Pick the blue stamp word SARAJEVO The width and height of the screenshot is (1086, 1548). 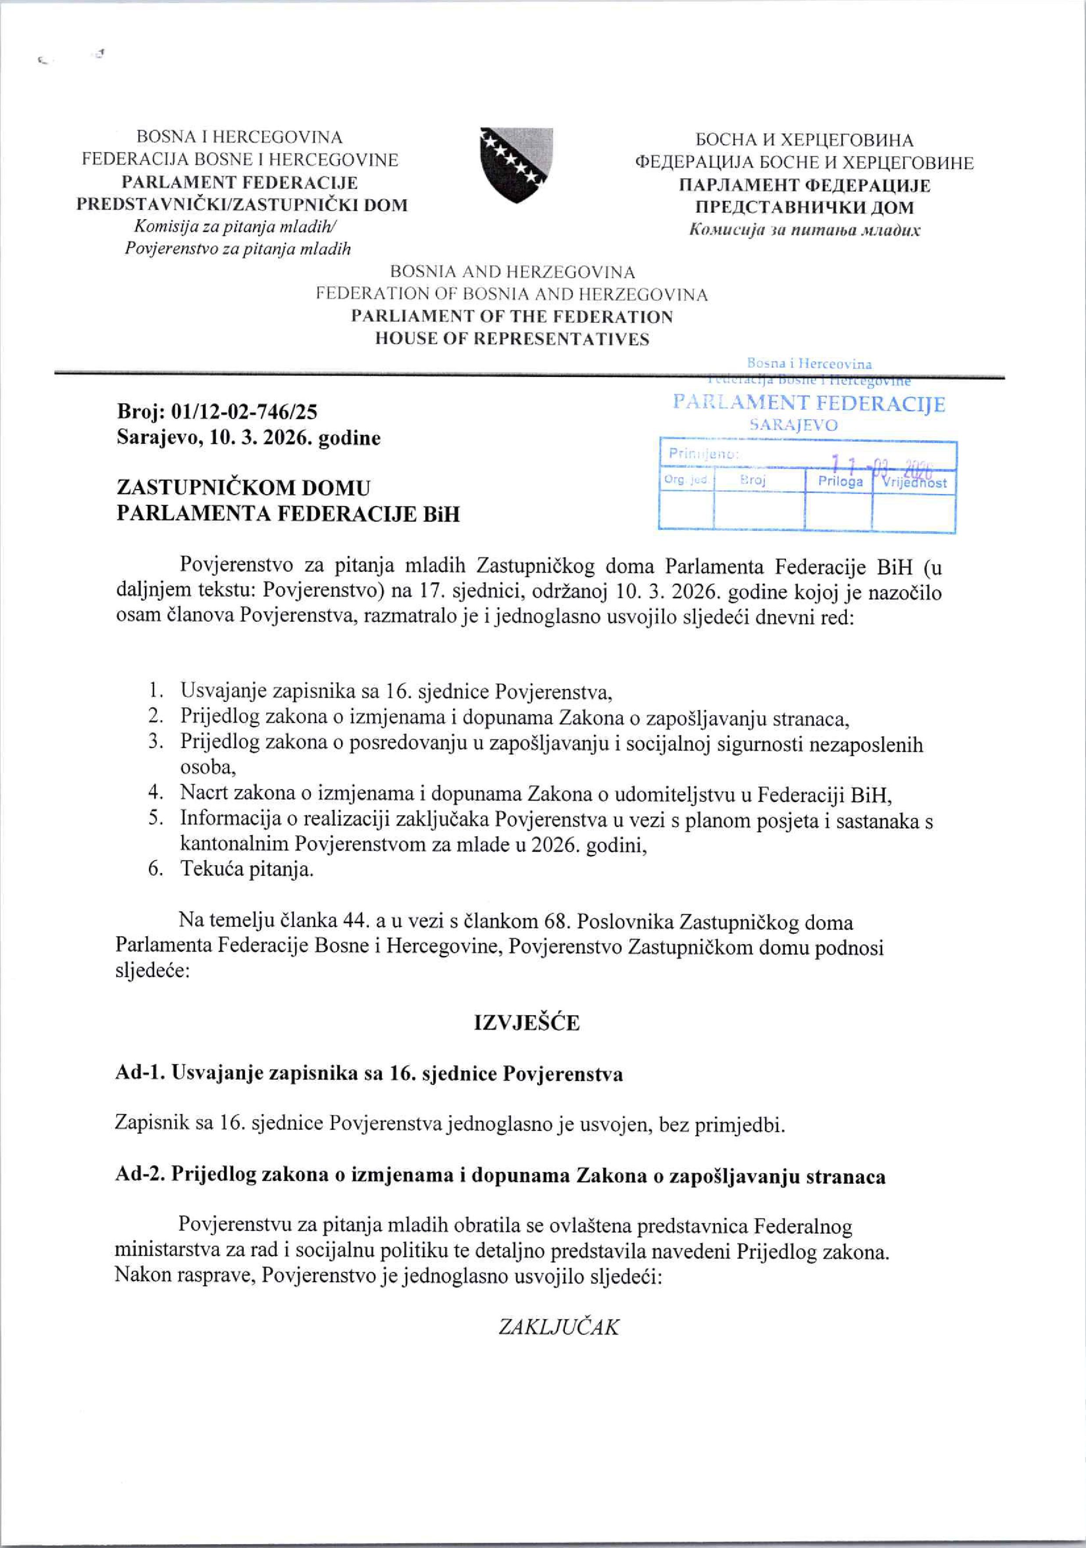pos(793,425)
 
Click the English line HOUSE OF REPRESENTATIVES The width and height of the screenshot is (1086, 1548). pos(512,339)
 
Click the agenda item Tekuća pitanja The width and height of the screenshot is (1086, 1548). pos(247,869)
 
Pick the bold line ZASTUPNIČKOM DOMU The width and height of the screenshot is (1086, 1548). pos(244,487)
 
